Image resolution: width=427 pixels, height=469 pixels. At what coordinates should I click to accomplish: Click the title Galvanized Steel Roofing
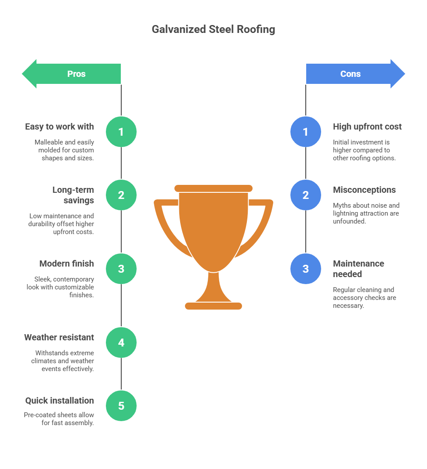[213, 29]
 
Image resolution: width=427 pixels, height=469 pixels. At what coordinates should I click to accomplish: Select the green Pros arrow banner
[72, 74]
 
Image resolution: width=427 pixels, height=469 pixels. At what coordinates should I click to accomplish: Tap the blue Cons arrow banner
[354, 74]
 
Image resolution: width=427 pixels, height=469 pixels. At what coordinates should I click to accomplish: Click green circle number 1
[121, 132]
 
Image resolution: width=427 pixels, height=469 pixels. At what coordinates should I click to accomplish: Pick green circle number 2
[121, 195]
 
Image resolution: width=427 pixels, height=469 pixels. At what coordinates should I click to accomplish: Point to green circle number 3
[121, 269]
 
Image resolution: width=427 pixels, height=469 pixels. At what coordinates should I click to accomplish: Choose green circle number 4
[121, 343]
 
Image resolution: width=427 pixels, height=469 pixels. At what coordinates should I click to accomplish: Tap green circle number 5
[121, 406]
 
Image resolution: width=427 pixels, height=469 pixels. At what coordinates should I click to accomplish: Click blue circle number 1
[306, 132]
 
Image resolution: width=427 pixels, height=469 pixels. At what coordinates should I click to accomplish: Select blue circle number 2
[306, 195]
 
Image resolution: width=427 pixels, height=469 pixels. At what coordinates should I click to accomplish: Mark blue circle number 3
[306, 269]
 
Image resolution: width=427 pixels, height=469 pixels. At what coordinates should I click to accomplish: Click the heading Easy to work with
[59, 126]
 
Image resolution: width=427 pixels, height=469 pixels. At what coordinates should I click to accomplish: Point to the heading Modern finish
[66, 263]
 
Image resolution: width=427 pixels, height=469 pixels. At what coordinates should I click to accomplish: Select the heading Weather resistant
[59, 337]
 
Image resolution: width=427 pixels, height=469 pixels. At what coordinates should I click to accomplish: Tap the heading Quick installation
[59, 400]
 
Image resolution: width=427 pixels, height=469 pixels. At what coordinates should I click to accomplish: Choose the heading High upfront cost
[367, 126]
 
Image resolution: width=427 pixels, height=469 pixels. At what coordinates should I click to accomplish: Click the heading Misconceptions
[364, 190]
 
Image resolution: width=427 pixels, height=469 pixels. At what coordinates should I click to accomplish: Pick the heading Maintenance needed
[358, 269]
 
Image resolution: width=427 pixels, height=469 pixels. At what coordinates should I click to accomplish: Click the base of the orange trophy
[213, 306]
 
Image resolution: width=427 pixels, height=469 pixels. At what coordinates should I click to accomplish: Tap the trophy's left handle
[167, 224]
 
